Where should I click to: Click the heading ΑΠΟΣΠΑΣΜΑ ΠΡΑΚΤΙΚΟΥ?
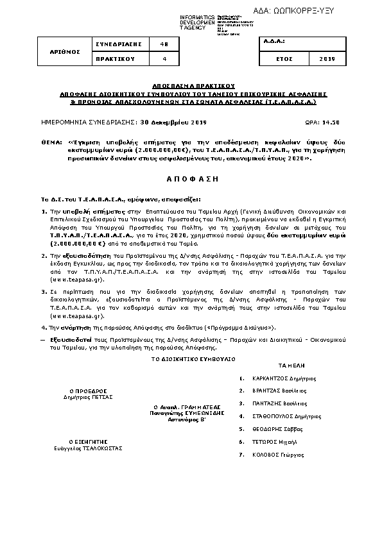[x=193, y=85]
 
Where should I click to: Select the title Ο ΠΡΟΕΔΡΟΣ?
[x=88, y=390]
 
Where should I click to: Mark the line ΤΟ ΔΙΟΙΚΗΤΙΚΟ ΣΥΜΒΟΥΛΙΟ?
[x=193, y=359]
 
